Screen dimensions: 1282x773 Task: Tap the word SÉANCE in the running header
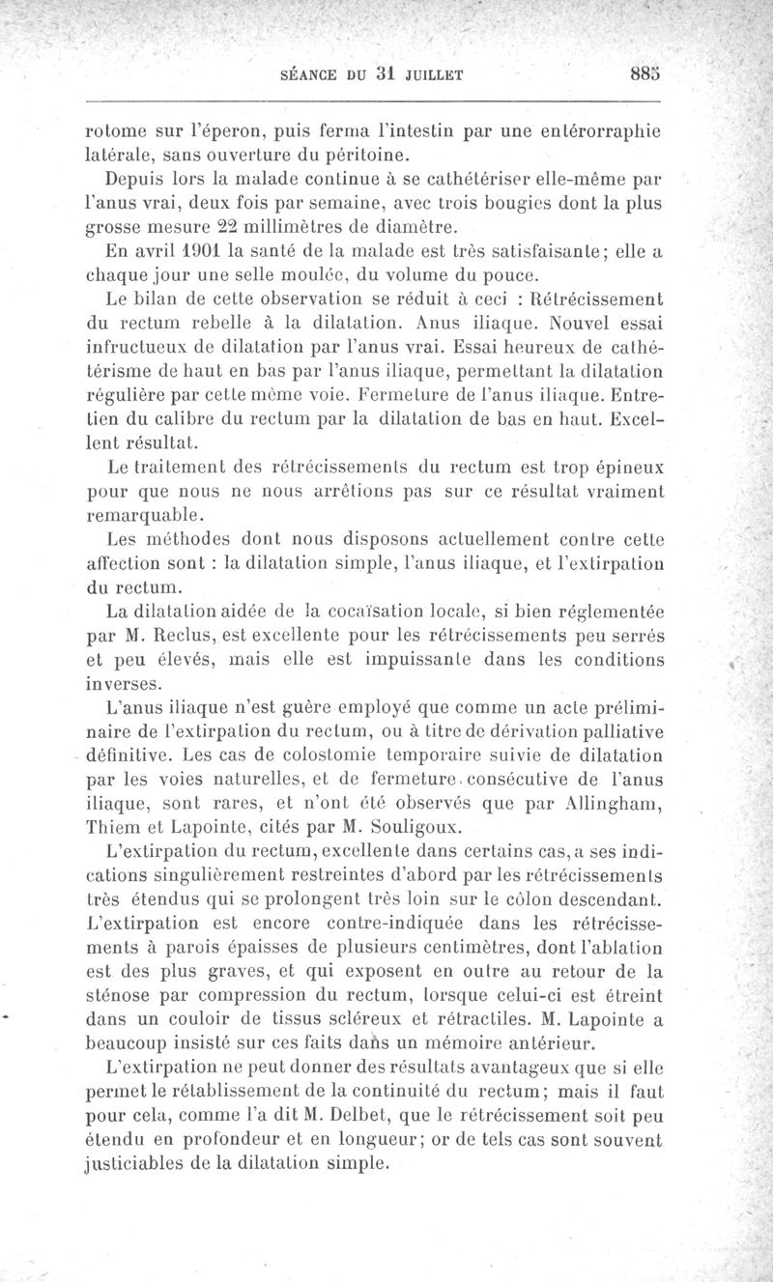point(313,72)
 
